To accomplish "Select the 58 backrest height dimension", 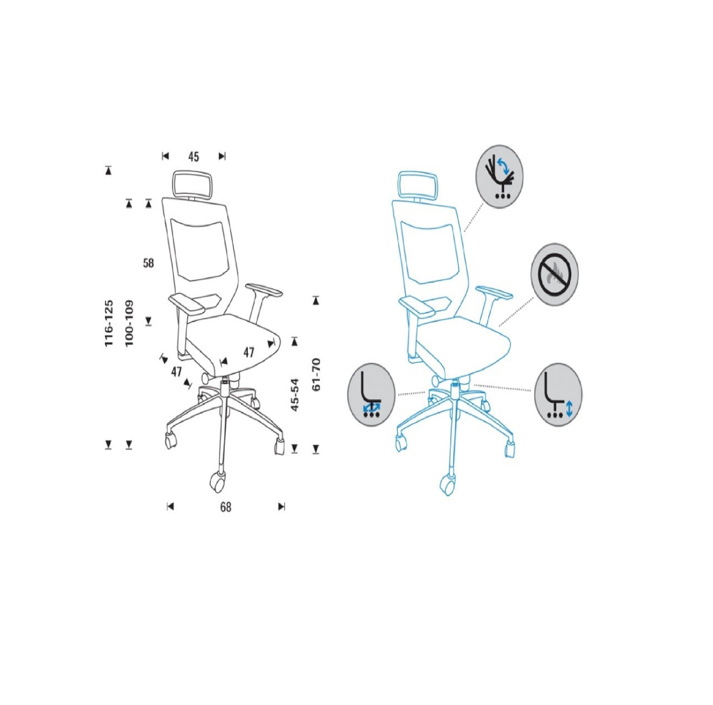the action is tap(148, 263).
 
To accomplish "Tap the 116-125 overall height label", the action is tap(109, 323).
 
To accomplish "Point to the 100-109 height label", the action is tap(129, 323).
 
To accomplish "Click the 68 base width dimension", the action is tap(226, 507).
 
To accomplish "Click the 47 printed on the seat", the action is tap(249, 353).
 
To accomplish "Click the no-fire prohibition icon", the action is tap(554, 275).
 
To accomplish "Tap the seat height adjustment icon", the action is tap(558, 395).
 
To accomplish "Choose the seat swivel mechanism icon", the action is tap(371, 395).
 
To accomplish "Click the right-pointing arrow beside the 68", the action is tap(282, 507).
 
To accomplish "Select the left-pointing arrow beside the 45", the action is tap(165, 156).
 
